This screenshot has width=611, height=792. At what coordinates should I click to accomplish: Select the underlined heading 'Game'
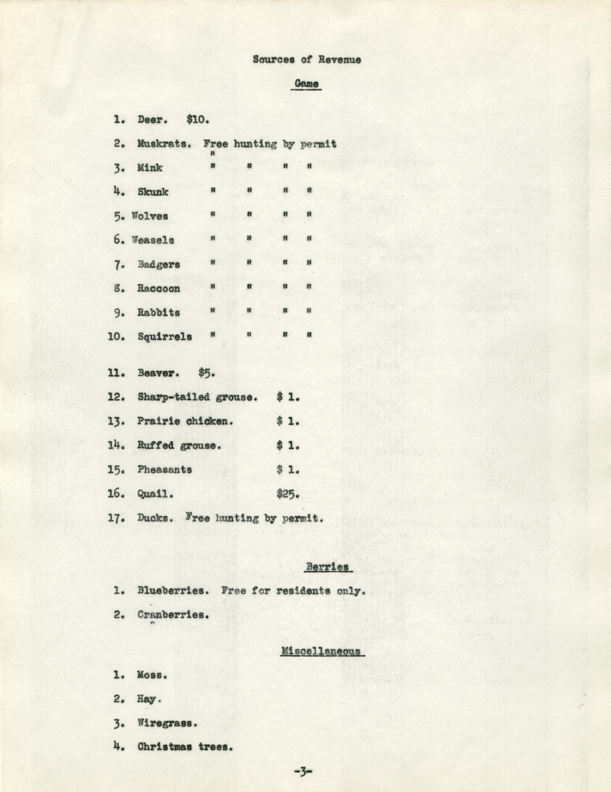[306, 84]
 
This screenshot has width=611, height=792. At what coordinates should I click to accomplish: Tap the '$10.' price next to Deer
[198, 120]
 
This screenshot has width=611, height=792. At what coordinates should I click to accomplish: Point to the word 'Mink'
[150, 168]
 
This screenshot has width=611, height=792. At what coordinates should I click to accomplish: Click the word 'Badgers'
[159, 264]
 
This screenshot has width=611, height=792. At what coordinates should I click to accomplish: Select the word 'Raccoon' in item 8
[159, 288]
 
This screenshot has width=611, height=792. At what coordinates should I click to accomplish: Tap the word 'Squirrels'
[164, 337]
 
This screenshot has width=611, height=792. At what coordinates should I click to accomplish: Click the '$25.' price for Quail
[288, 494]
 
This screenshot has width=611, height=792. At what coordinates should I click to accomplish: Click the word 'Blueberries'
[173, 591]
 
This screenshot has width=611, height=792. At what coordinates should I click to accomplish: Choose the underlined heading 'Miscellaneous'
[322, 651]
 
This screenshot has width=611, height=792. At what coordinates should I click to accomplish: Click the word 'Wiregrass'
[167, 724]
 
